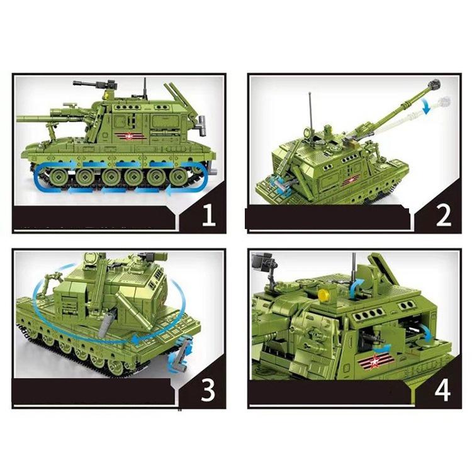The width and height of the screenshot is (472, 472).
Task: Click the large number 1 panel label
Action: tap(209, 215)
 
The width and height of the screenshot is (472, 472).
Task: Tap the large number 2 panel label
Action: tap(444, 215)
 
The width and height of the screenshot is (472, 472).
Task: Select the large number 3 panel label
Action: tap(208, 390)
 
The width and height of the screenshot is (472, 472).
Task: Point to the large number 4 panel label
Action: tap(442, 390)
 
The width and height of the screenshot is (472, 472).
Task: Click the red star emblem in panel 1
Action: tap(130, 137)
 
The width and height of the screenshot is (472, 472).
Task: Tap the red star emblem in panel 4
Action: tap(374, 361)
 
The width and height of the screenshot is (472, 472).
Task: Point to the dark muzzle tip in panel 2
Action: tap(437, 84)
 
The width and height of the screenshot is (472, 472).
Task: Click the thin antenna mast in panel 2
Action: tap(311, 111)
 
